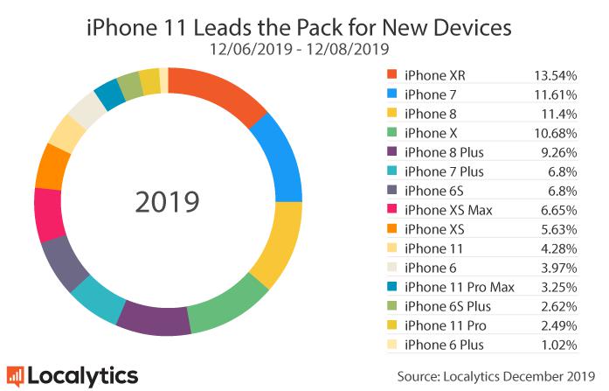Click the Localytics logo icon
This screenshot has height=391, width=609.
15,376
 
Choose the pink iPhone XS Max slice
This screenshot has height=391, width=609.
48,212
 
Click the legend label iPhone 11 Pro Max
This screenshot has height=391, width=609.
460,286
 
